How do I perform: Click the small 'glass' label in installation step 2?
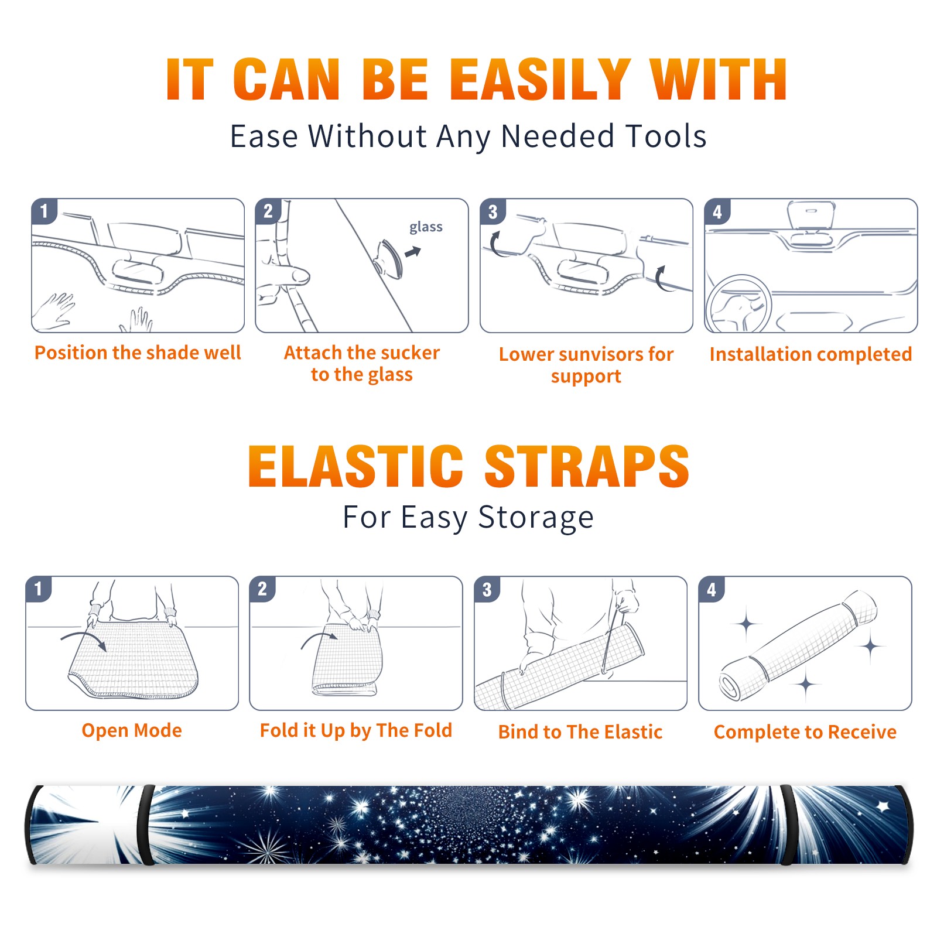pyautogui.click(x=426, y=227)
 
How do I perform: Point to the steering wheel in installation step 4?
pyautogui.click(x=738, y=305)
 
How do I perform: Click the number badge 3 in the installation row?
pyautogui.click(x=493, y=211)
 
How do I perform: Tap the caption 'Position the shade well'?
pyautogui.click(x=138, y=353)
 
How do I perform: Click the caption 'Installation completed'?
pyautogui.click(x=811, y=354)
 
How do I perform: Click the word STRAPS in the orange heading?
pyautogui.click(x=587, y=466)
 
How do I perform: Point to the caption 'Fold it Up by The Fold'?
pyautogui.click(x=356, y=731)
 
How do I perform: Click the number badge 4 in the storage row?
pyautogui.click(x=712, y=589)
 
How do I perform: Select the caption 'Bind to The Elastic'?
pyautogui.click(x=580, y=732)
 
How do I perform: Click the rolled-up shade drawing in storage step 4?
pyautogui.click(x=798, y=645)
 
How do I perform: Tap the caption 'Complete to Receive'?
pyautogui.click(x=805, y=732)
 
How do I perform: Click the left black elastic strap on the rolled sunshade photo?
pyautogui.click(x=146, y=825)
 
